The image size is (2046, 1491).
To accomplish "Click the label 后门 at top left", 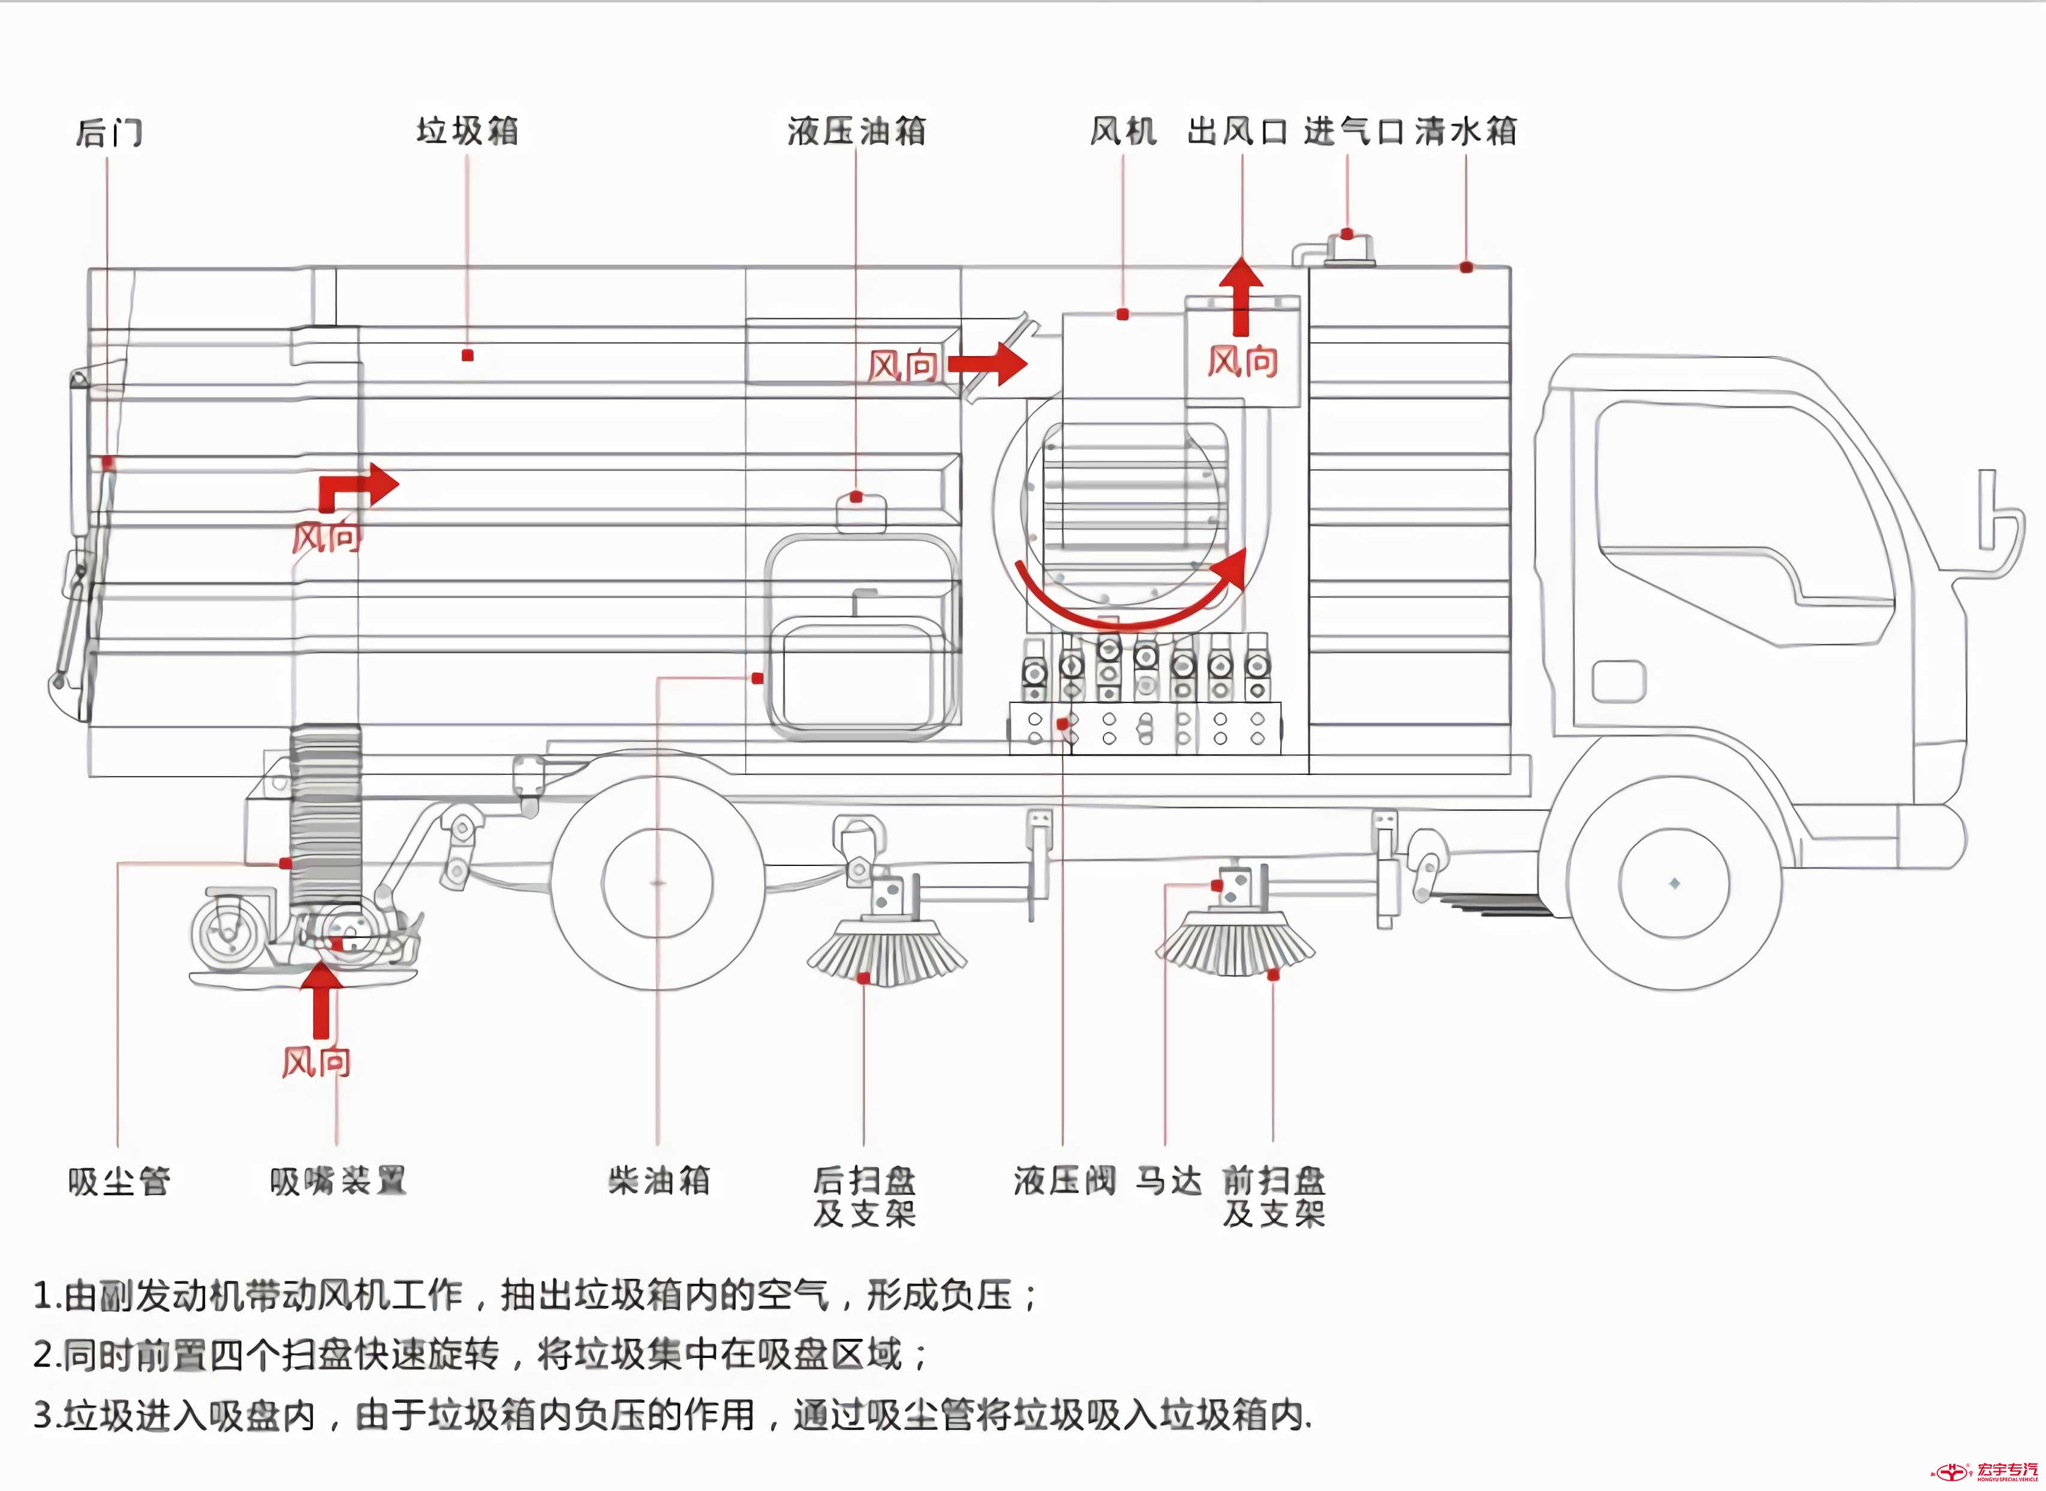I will (x=109, y=132).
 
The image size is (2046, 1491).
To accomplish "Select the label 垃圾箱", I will (x=467, y=131).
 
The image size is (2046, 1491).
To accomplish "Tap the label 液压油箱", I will (x=856, y=131).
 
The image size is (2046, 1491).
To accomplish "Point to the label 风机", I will (x=1123, y=131).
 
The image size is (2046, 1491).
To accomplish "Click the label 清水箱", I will (x=1466, y=131).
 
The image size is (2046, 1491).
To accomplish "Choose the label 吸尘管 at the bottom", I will (x=118, y=1181).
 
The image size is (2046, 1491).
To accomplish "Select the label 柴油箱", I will (x=658, y=1179).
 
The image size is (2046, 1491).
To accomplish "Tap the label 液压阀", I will (x=1064, y=1179).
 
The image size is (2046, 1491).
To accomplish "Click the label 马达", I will (x=1168, y=1179).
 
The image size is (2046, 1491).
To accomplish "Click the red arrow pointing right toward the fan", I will (x=989, y=364).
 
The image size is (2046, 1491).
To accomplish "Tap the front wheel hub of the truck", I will (x=1674, y=883).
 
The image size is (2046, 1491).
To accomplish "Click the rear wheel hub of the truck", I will (x=657, y=883).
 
